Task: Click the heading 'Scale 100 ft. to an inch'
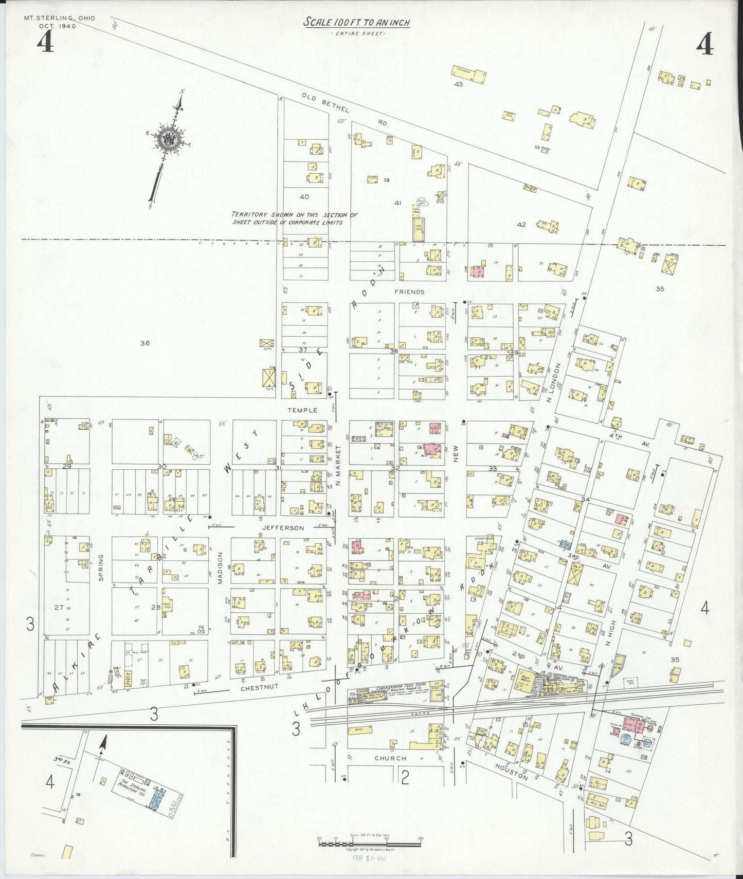[357, 22]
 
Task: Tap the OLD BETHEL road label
[325, 103]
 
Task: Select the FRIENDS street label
[409, 292]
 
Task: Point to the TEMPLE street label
[302, 410]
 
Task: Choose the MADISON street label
[220, 568]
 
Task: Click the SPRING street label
[101, 567]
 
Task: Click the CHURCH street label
[390, 758]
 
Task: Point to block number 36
[145, 343]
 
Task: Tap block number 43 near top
[458, 84]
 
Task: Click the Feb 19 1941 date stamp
[369, 858]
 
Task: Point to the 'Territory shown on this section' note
[294, 218]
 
